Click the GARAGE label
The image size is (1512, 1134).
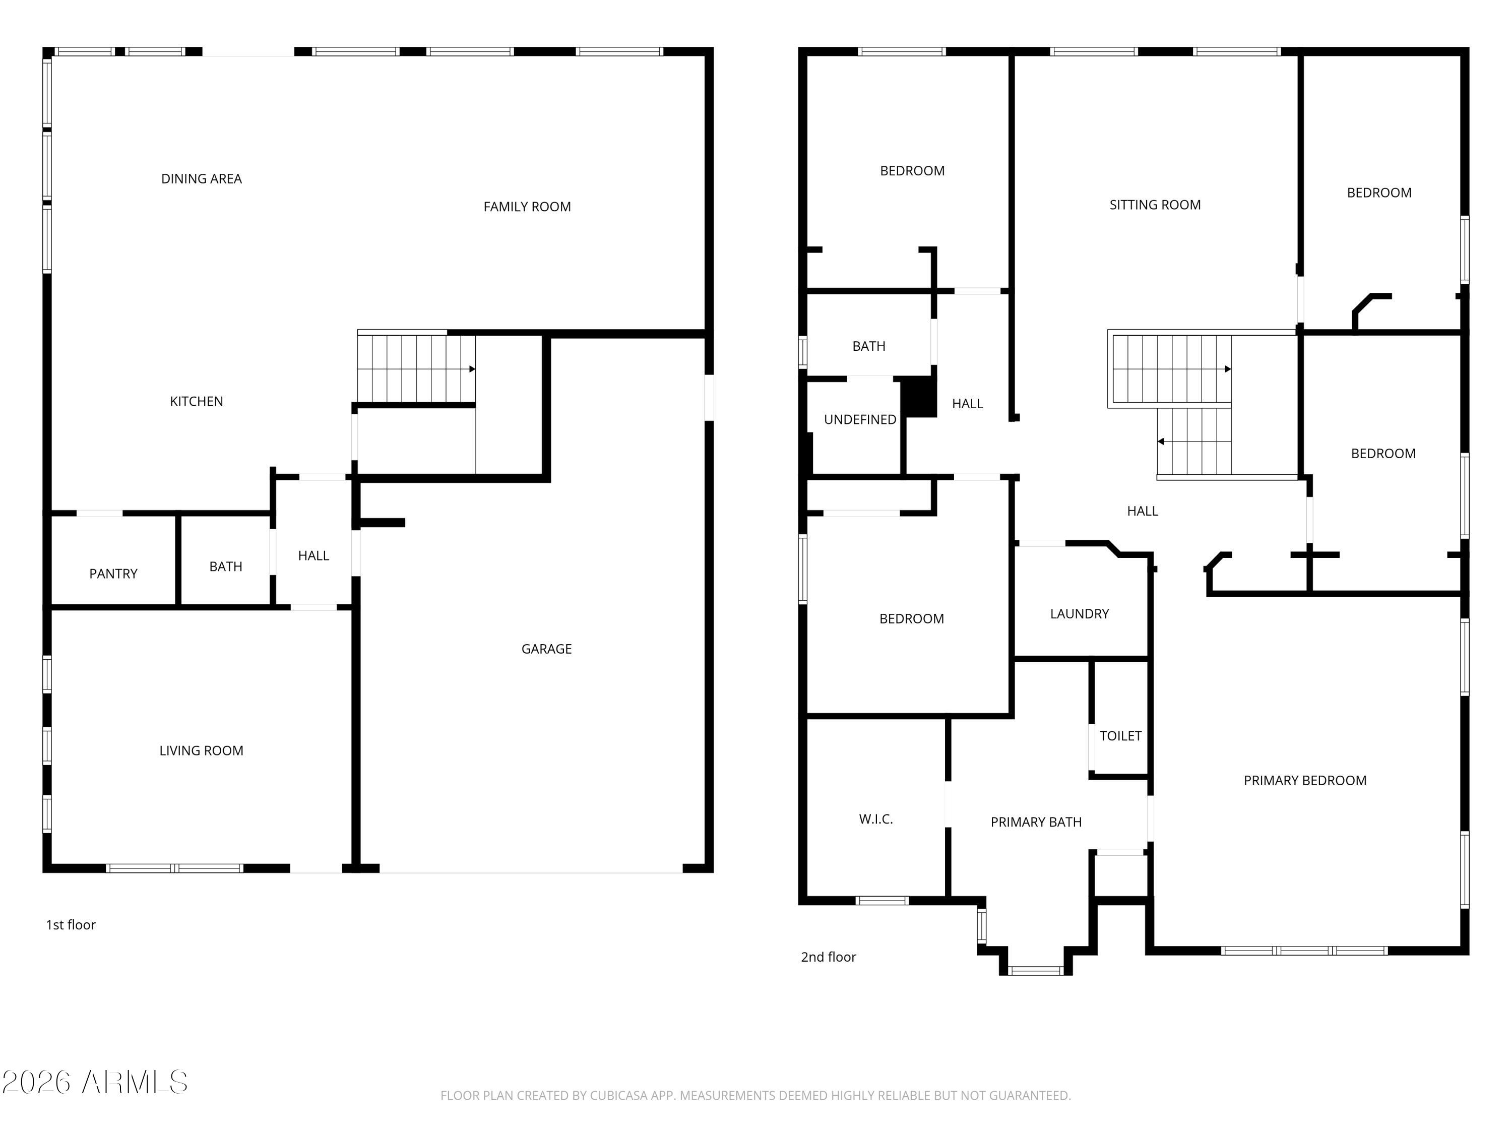(546, 649)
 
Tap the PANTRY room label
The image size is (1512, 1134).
(113, 574)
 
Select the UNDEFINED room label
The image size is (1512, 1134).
(860, 420)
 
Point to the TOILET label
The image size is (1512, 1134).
(1120, 736)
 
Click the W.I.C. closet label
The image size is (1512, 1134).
(875, 819)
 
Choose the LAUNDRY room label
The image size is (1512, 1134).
(1080, 614)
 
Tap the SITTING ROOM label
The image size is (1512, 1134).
(1155, 205)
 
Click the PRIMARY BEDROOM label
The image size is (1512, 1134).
(1304, 781)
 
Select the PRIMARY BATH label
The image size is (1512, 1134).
(1036, 823)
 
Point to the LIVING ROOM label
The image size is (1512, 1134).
(201, 750)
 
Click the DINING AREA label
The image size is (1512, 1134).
(201, 179)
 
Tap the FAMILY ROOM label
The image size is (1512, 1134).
(527, 207)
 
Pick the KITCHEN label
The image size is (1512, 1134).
(196, 401)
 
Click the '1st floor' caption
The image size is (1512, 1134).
(71, 925)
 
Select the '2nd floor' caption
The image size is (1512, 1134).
(828, 957)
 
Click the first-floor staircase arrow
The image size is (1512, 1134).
(472, 369)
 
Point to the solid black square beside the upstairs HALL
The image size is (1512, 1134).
(919, 397)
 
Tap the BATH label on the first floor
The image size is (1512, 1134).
(226, 566)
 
